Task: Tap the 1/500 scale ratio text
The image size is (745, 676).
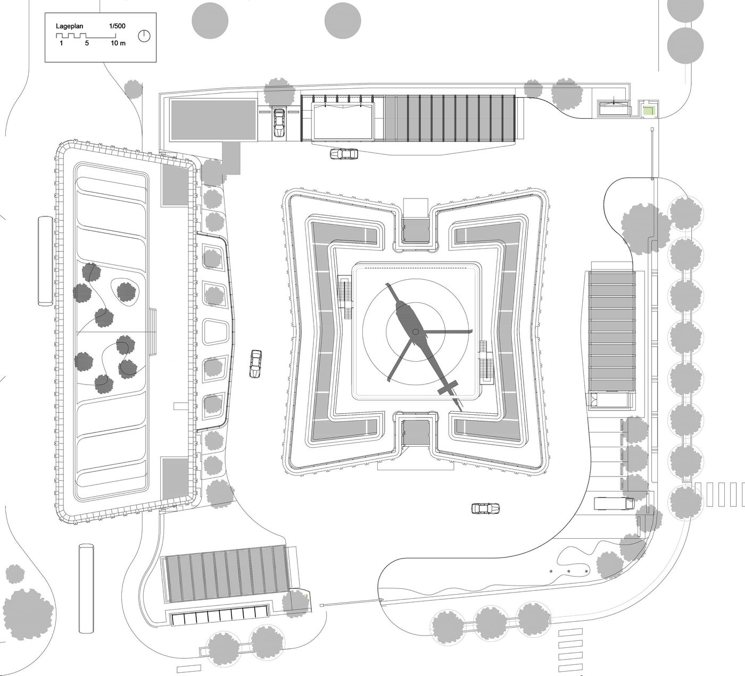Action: (117, 26)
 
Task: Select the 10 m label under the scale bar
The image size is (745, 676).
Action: (118, 43)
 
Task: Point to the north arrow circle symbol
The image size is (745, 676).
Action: (144, 36)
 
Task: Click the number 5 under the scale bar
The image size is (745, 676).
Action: (87, 43)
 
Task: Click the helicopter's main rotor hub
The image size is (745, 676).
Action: (416, 331)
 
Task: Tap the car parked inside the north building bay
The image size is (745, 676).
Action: (279, 123)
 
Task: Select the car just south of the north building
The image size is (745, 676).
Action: (344, 154)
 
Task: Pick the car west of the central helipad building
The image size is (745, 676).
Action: (256, 364)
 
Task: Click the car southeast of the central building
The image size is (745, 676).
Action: (486, 508)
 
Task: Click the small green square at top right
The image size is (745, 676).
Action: (648, 110)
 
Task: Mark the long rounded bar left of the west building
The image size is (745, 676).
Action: (45, 261)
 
